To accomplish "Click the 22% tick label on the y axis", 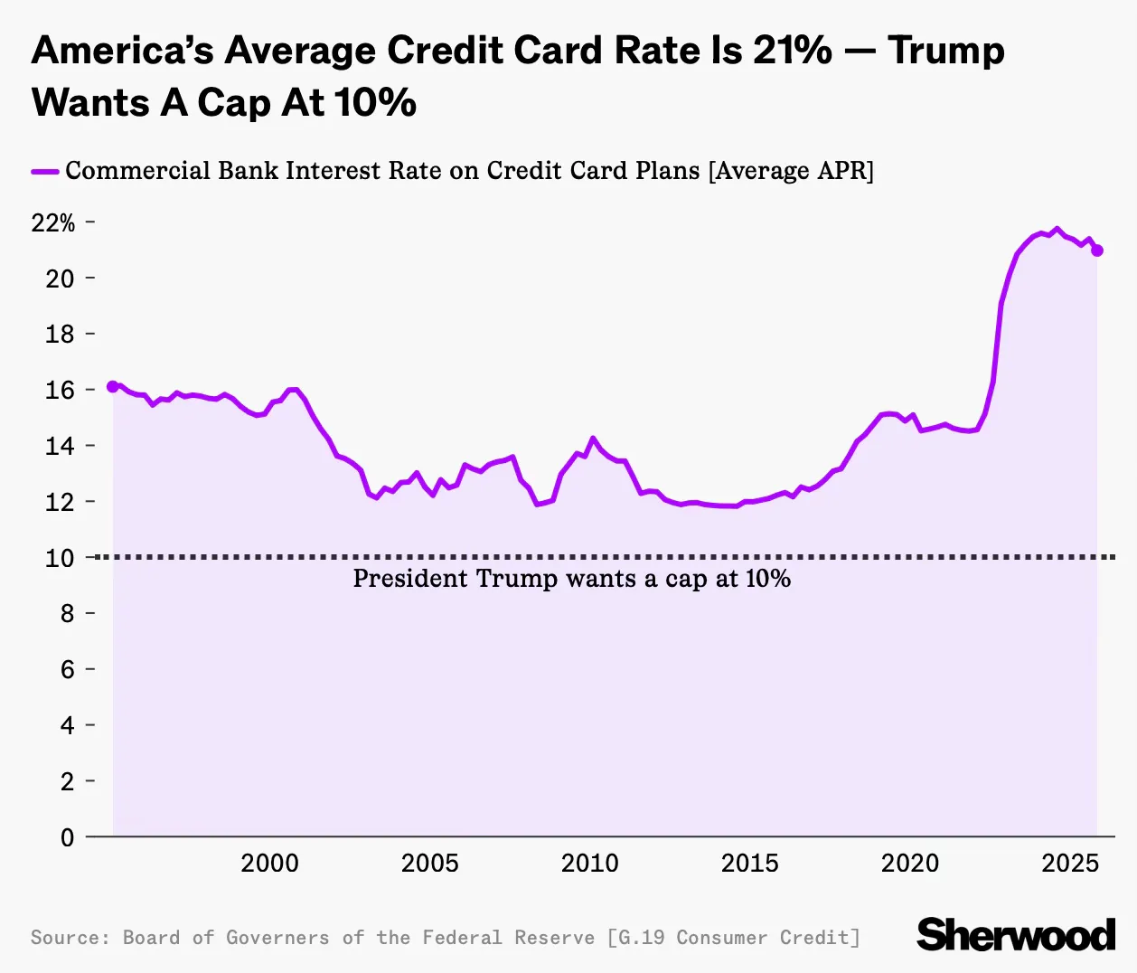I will (53, 222).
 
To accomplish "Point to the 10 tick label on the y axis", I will (60, 558).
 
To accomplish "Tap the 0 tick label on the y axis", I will (67, 837).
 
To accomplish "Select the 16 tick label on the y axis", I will (60, 390).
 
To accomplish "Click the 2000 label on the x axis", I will (269, 864).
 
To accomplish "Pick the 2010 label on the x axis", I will (589, 864).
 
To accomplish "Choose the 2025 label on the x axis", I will (1070, 864).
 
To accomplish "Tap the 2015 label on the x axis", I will (749, 864).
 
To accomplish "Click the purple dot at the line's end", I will (1097, 250).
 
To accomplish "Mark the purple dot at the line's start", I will (113, 386).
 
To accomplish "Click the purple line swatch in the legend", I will (45, 171).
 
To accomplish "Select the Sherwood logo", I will (1016, 935).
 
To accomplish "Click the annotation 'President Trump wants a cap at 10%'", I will (571, 579).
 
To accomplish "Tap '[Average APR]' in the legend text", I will (791, 171).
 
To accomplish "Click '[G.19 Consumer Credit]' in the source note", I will (734, 938).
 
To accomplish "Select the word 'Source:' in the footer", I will (70, 938).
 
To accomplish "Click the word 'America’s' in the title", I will (122, 51).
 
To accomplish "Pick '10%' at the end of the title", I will (376, 103).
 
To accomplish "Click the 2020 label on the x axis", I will (909, 864).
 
